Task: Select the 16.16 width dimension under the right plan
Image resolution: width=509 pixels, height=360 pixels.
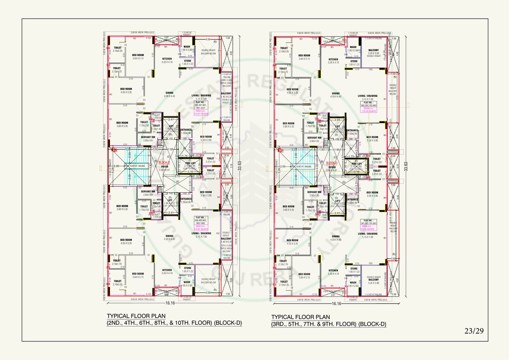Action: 336,304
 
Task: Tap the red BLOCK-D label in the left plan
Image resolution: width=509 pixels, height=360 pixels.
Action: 165,163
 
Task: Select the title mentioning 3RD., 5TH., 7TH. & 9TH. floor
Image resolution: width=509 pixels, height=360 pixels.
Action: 329,324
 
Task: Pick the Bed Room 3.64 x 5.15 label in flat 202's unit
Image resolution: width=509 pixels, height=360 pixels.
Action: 137,275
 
